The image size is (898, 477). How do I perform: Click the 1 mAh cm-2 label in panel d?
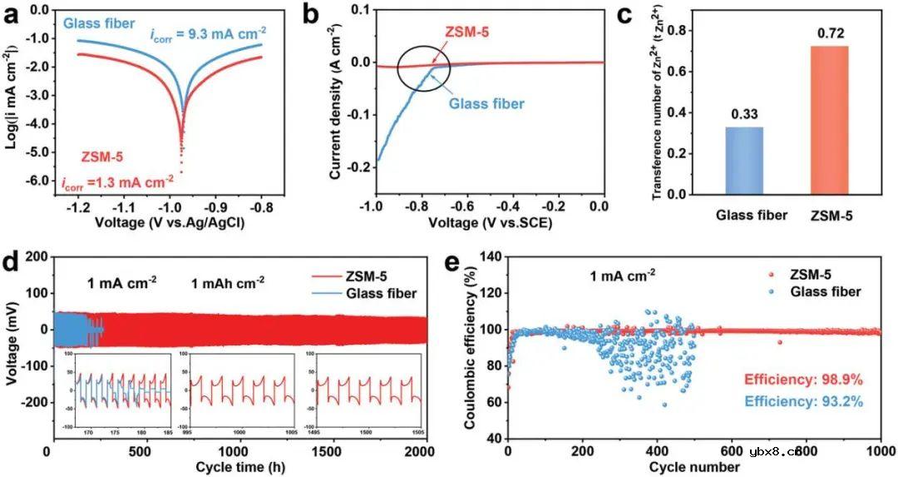(227, 281)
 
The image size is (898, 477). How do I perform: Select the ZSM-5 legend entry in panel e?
(819, 275)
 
